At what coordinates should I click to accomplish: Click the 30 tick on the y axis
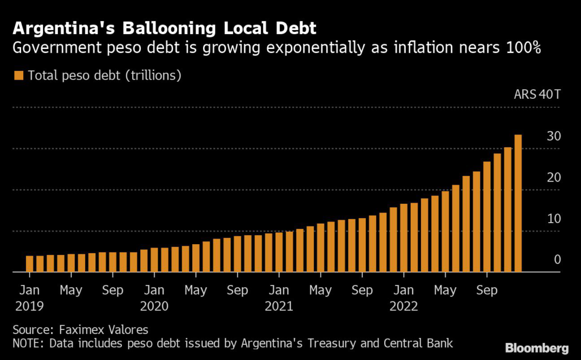click(x=553, y=136)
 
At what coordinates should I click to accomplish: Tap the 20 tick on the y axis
click(x=553, y=178)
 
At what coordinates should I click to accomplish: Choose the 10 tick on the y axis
click(x=553, y=219)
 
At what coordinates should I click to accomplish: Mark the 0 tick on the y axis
click(x=557, y=259)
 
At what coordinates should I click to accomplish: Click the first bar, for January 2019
click(x=30, y=264)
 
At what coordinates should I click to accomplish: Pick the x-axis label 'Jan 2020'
click(x=154, y=298)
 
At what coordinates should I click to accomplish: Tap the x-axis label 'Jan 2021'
click(x=279, y=298)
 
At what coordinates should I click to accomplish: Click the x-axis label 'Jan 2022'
click(x=403, y=298)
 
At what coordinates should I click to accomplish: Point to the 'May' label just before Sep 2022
click(x=445, y=290)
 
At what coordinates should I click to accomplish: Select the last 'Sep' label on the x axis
click(x=487, y=290)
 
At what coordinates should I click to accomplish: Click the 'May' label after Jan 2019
click(x=71, y=290)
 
